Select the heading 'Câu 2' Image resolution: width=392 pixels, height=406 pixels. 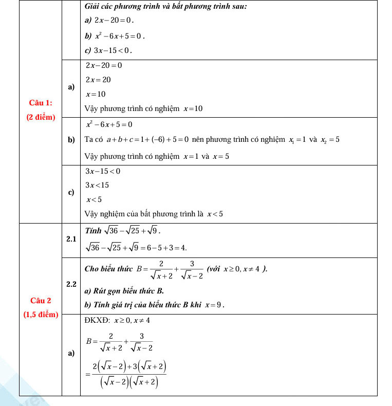(x=41, y=300)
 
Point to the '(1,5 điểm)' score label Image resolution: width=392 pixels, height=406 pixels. (x=41, y=314)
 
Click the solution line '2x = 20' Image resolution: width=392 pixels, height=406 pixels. (x=98, y=80)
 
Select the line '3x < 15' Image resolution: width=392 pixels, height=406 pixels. (x=97, y=185)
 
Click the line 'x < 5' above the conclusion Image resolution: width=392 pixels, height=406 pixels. (x=94, y=199)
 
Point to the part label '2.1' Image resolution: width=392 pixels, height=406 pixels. (x=71, y=239)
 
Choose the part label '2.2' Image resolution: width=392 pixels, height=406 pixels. (x=71, y=284)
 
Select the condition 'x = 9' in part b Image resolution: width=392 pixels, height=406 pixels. (x=214, y=305)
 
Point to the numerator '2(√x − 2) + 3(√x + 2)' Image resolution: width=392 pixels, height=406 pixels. (x=129, y=367)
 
